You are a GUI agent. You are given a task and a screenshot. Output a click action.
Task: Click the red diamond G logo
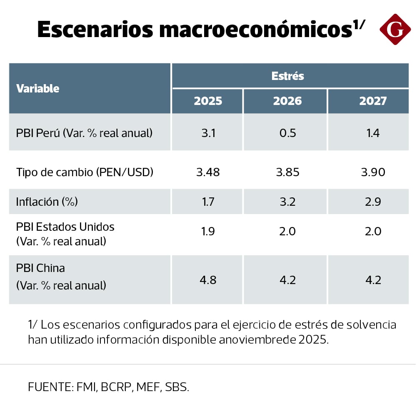pyautogui.click(x=395, y=29)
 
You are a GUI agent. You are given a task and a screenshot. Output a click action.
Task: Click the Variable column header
pyautogui.click(x=37, y=88)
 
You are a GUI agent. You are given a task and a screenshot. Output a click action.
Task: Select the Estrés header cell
pyautogui.click(x=287, y=76)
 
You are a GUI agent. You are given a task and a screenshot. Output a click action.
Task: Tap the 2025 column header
pyautogui.click(x=208, y=101)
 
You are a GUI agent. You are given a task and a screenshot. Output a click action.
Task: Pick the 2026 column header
pyautogui.click(x=287, y=101)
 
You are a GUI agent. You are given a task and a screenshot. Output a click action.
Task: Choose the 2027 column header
pyautogui.click(x=373, y=101)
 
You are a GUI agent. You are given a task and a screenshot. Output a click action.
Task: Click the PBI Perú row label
pyautogui.click(x=84, y=133)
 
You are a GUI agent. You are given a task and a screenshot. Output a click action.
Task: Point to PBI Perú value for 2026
pyautogui.click(x=287, y=133)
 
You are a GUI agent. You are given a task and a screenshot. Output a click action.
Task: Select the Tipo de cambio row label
pyautogui.click(x=85, y=172)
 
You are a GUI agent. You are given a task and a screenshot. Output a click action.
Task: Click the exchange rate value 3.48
pyautogui.click(x=208, y=172)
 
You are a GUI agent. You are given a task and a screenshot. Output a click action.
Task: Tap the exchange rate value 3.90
pyautogui.click(x=373, y=172)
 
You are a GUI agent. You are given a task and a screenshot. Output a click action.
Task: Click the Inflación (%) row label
pyautogui.click(x=47, y=202)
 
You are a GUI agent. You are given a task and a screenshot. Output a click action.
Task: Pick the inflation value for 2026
pyautogui.click(x=287, y=202)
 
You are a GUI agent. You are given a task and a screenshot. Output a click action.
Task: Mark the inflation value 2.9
pyautogui.click(x=373, y=202)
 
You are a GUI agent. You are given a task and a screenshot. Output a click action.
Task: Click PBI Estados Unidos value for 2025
pyautogui.click(x=208, y=232)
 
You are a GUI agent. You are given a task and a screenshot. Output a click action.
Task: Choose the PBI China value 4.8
pyautogui.click(x=208, y=280)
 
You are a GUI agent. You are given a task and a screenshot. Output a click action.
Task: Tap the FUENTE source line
pyautogui.click(x=108, y=387)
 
